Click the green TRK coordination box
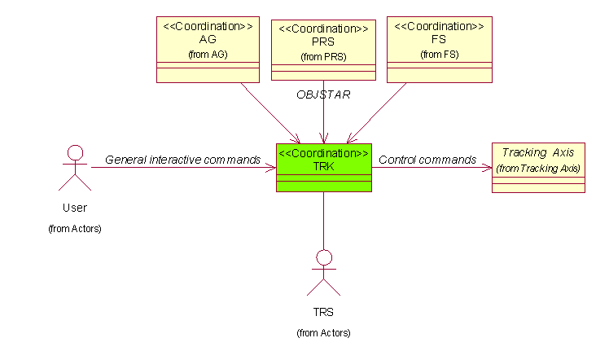pyautogui.click(x=324, y=169)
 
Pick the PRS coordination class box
pyautogui.click(x=323, y=50)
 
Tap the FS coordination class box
pyautogui.click(x=439, y=49)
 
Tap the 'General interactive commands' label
pyautogui.click(x=182, y=160)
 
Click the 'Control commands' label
pyautogui.click(x=427, y=160)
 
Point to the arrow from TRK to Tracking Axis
pyautogui.click(x=432, y=169)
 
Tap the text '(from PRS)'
pyautogui.click(x=323, y=57)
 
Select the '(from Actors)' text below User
pyautogui.click(x=75, y=229)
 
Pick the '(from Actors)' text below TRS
pyautogui.click(x=323, y=333)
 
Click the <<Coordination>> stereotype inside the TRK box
pyautogui.click(x=324, y=152)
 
